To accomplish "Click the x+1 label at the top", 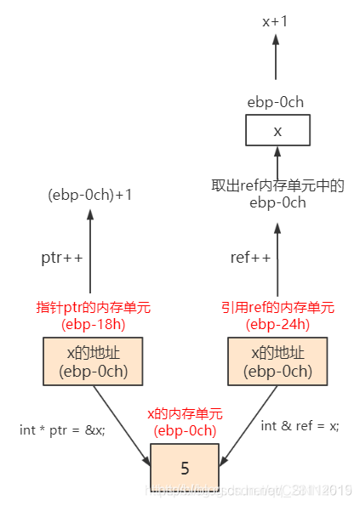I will point(276,22).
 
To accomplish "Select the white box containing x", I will point(277,131).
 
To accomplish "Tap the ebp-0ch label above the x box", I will point(277,103).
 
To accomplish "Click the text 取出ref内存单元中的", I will point(277,185).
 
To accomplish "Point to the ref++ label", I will point(250,257).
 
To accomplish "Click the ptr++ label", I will point(62,257).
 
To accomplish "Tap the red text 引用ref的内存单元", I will point(277,308).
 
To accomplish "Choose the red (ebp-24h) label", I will point(277,324).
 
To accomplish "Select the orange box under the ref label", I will point(277,361).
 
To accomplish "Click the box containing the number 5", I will point(185,468).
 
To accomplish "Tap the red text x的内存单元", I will point(185,414).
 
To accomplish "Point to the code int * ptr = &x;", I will point(62,429).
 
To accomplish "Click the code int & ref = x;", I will point(300,425).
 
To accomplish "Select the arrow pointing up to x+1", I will point(277,60).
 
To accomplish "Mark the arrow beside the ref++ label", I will point(277,255).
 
